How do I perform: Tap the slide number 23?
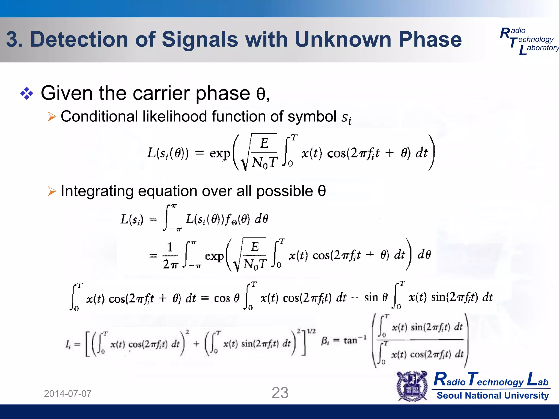[280, 393]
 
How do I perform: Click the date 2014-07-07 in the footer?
[68, 394]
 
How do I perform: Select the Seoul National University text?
[492, 395]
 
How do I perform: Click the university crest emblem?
[412, 386]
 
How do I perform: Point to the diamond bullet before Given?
[27, 94]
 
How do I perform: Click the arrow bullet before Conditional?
[52, 117]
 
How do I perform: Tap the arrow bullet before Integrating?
[52, 191]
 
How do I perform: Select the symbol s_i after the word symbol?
[346, 118]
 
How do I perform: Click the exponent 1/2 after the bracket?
[311, 331]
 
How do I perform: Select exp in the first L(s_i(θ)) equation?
[220, 153]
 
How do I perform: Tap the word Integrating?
[97, 191]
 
